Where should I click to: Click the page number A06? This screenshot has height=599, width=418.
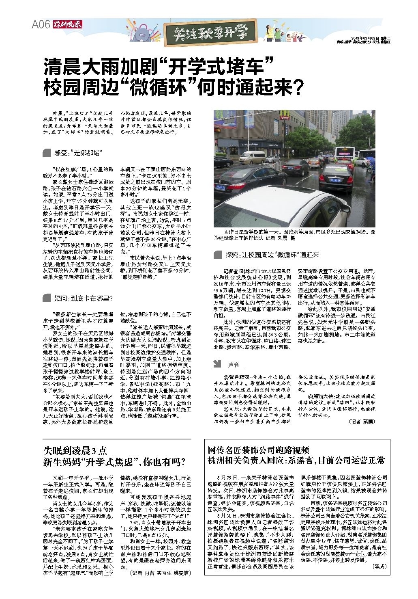click(41, 25)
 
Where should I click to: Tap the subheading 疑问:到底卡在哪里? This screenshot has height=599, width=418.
click(83, 298)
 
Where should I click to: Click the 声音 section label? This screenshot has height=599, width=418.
click(234, 364)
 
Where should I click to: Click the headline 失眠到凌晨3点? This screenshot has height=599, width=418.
click(75, 450)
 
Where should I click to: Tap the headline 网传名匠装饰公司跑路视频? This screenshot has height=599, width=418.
click(259, 450)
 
